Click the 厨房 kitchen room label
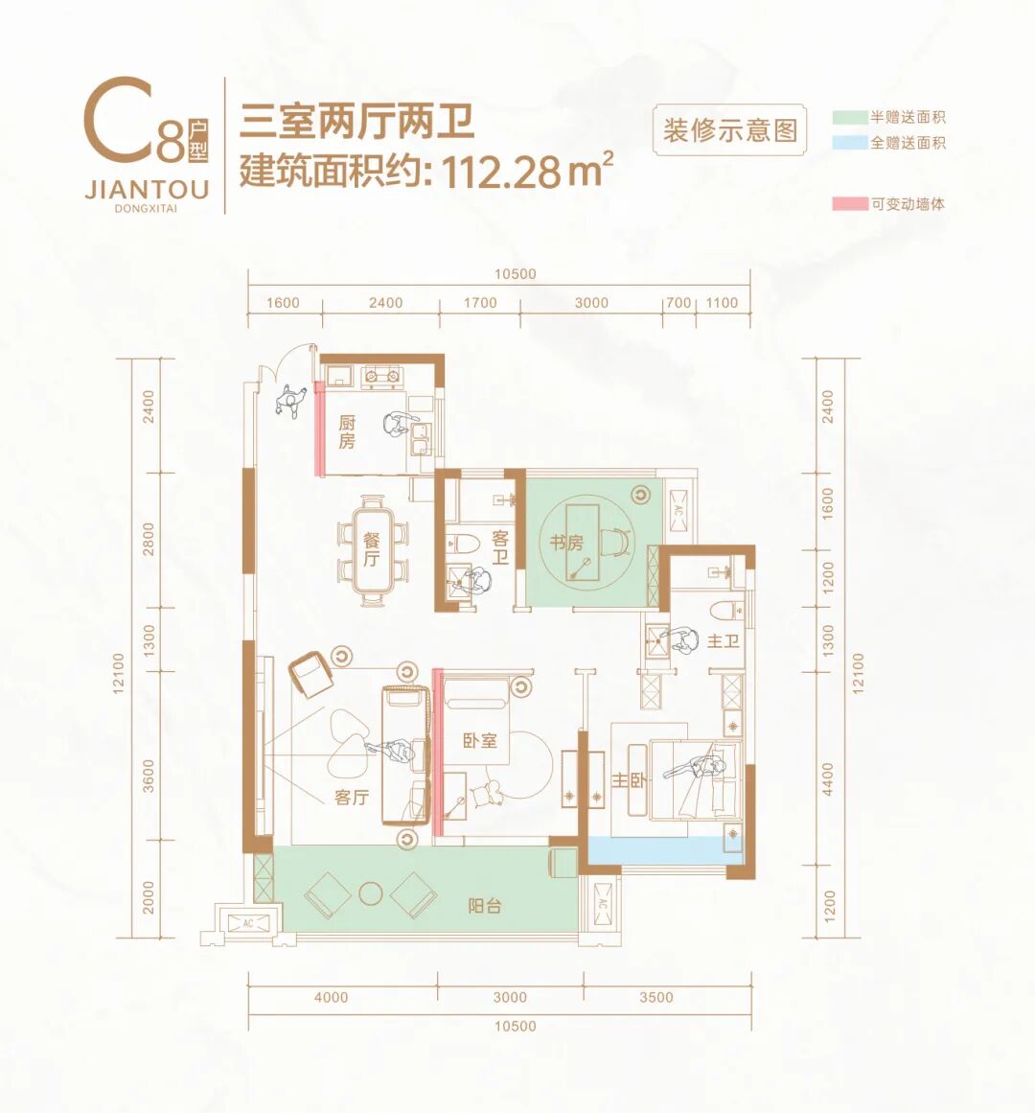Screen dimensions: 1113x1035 [x=347, y=431]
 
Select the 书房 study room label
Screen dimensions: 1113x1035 [x=566, y=543]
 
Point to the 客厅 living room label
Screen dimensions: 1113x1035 [x=352, y=797]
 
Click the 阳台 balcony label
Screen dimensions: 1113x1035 [x=484, y=905]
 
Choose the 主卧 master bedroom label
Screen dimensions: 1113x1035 [x=628, y=781]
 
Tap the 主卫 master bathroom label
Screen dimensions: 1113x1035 [x=723, y=640]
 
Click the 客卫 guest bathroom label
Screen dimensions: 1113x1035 [x=500, y=548]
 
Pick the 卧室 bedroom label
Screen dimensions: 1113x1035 [x=479, y=740]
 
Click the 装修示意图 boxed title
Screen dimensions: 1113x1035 [x=730, y=129]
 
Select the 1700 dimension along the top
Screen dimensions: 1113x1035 [x=480, y=303]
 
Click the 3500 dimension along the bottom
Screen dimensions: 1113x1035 [x=656, y=997]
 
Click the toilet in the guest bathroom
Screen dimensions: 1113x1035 [x=466, y=544]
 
